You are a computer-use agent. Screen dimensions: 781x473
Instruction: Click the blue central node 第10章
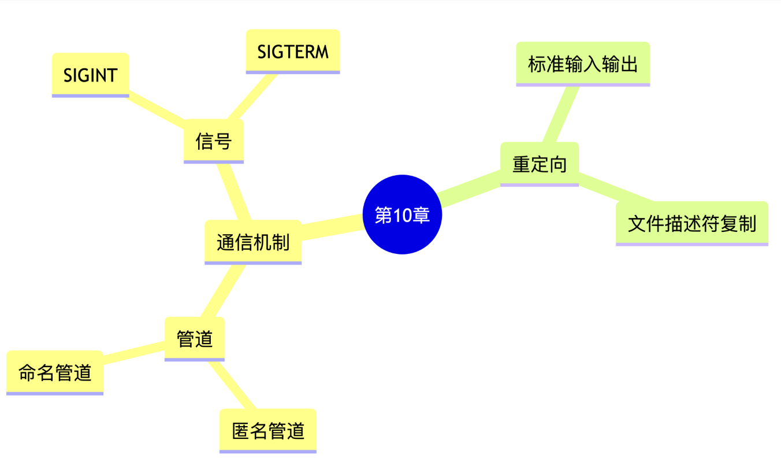pos(402,215)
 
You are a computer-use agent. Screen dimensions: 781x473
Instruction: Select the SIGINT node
pos(90,75)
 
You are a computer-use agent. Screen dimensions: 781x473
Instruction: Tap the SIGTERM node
pos(293,51)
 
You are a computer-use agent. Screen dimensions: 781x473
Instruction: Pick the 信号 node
pos(214,141)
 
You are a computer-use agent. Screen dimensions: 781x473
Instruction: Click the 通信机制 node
pos(253,242)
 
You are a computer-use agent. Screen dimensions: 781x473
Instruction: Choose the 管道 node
pos(195,339)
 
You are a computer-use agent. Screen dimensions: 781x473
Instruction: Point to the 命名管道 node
pos(55,372)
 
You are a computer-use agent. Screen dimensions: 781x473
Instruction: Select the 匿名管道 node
pos(268,431)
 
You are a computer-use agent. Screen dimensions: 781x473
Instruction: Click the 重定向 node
pos(540,164)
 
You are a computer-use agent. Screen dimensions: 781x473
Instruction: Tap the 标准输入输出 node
pos(583,64)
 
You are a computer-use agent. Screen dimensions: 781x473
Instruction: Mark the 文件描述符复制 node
pos(692,223)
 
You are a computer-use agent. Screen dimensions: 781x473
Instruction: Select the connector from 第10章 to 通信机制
pos(332,226)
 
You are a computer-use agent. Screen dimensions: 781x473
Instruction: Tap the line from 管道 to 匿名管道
pos(233,385)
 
